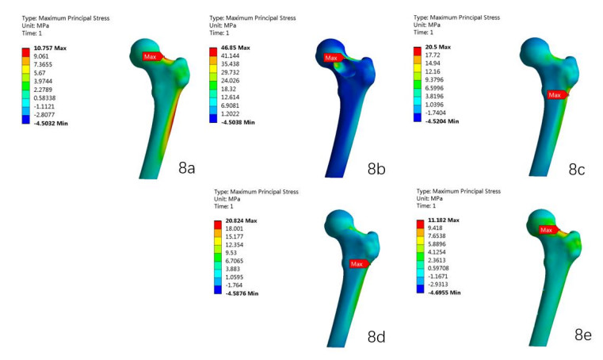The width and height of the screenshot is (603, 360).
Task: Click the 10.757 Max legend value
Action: (x=50, y=48)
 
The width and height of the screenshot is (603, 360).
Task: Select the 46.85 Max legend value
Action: (x=235, y=48)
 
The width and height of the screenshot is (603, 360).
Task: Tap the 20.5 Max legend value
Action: (x=437, y=47)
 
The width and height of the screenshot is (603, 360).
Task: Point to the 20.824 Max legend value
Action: (x=241, y=220)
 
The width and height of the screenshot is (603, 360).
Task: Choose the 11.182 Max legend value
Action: (x=444, y=220)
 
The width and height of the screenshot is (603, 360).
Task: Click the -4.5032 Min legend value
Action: (x=51, y=123)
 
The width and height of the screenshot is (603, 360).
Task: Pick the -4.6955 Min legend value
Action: (x=445, y=293)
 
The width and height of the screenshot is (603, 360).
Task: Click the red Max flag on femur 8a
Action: (x=152, y=56)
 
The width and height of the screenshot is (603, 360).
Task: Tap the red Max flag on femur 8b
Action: (x=334, y=58)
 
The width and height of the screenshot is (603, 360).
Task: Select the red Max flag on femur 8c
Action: (x=557, y=94)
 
